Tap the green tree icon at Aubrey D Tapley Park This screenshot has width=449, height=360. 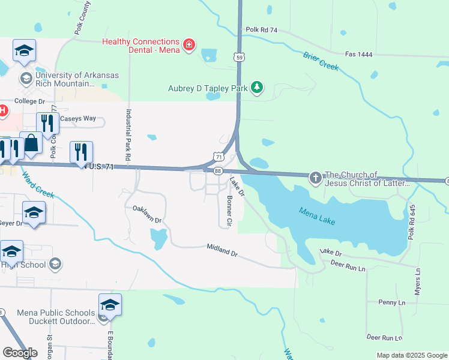pos(257,88)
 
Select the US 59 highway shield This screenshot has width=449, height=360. pos(240,57)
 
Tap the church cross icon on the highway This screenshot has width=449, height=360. pos(316,178)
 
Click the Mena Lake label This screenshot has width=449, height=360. pos(317,216)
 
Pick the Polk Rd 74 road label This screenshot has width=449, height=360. pos(261,29)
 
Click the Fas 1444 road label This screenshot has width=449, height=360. pos(359,54)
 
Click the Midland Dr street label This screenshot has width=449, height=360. pos(223,250)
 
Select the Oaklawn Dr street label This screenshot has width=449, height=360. pos(148,215)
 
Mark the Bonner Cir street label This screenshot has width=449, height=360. pos(229,211)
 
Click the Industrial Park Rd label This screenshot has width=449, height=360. pos(128,134)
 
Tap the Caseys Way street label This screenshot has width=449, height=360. pos(80,118)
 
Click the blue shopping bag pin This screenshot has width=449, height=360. pos(31,144)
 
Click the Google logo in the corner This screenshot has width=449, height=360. pos(19,353)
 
